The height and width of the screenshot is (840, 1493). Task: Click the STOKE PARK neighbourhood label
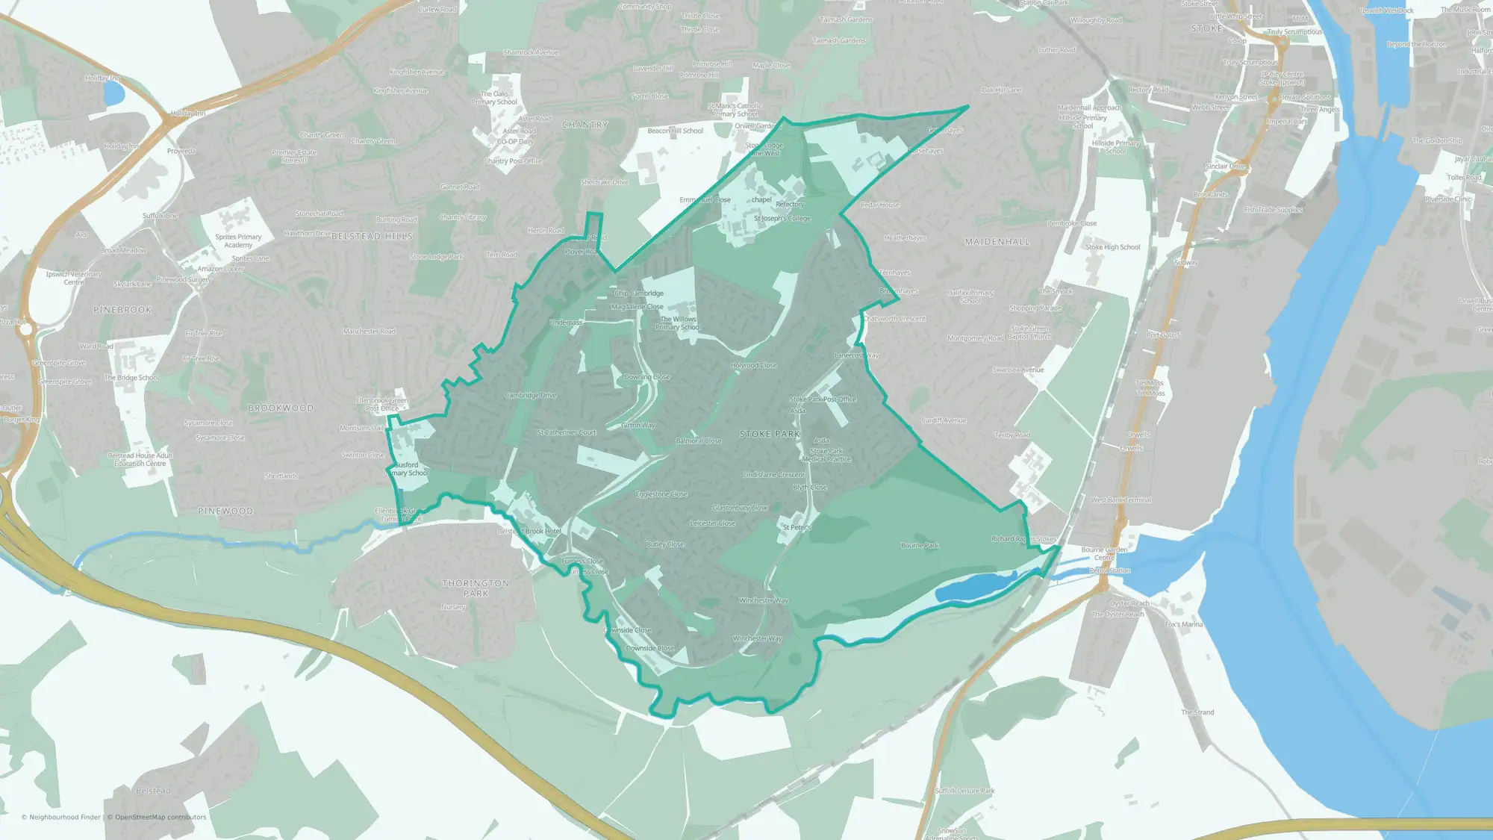[x=770, y=434]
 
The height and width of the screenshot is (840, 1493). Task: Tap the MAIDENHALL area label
[x=997, y=242]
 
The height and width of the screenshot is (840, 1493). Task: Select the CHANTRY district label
[x=585, y=125]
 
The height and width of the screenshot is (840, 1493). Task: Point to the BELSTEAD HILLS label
[x=372, y=236]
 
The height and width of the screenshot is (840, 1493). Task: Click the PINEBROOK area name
[x=122, y=310]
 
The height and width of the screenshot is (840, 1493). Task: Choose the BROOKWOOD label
[x=281, y=408]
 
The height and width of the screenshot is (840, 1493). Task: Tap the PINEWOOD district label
[x=225, y=511]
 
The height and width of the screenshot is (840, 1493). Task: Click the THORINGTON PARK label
[x=476, y=588]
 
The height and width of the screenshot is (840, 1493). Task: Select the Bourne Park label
[x=920, y=546]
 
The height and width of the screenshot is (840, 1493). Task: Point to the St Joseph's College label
[x=782, y=219]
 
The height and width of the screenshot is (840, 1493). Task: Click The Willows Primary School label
[x=678, y=323]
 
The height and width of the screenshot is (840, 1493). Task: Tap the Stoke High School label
[x=1112, y=247]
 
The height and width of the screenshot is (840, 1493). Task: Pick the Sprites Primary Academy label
[x=238, y=241]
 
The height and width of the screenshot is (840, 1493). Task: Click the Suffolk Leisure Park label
[x=964, y=791]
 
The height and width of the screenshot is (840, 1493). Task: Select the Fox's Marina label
[x=1184, y=624]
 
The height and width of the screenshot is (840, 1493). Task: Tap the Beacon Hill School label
[x=675, y=131]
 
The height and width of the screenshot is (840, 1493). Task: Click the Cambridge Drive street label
[x=531, y=395]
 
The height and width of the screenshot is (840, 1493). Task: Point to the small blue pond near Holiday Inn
[x=113, y=94]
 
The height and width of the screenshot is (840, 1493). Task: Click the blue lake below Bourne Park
[x=970, y=587]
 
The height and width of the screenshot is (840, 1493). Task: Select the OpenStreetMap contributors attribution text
[x=157, y=817]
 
